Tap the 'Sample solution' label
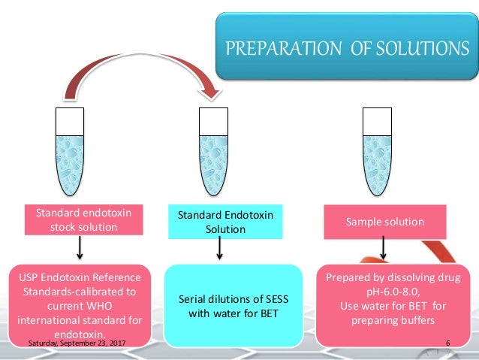(x=384, y=222)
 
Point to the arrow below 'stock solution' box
(x=79, y=248)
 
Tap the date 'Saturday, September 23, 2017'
(x=75, y=343)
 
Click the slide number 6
(x=447, y=343)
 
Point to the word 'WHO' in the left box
(x=107, y=307)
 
